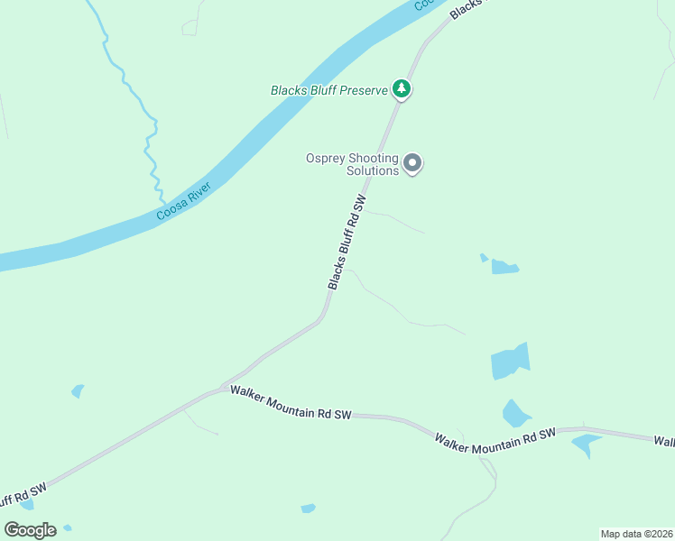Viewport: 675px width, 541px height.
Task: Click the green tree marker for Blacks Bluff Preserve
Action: coord(402,88)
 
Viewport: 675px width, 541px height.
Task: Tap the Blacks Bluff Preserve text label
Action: coord(328,90)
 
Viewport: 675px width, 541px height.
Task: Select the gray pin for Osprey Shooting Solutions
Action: coord(412,163)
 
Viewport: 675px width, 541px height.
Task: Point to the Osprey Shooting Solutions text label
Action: coord(352,164)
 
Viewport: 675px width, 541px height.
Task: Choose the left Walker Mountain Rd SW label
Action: coord(290,403)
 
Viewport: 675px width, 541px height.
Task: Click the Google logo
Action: coord(30,530)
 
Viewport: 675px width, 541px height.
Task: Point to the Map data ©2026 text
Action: coord(636,534)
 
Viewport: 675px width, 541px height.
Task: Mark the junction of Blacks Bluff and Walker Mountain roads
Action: coord(226,389)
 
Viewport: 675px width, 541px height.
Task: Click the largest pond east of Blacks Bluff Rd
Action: coord(510,362)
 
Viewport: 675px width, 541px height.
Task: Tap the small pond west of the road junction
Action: coord(78,390)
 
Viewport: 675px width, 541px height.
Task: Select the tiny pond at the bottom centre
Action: coord(308,509)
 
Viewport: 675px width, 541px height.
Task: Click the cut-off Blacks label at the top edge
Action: coord(466,7)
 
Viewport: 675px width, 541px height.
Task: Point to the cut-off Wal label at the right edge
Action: coord(664,441)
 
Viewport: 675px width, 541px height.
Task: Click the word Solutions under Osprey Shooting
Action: coord(373,170)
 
